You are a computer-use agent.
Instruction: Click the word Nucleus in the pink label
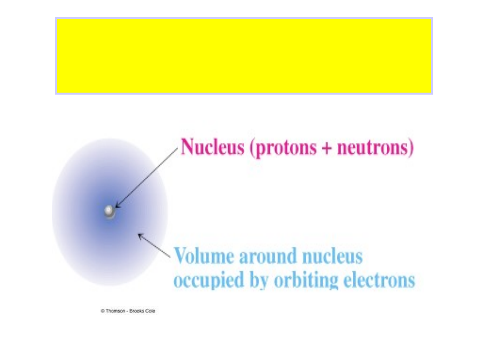(213, 147)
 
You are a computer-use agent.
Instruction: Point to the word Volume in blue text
(204, 255)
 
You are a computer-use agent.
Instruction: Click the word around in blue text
(268, 256)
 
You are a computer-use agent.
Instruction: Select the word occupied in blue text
(209, 280)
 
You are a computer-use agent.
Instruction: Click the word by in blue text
(259, 280)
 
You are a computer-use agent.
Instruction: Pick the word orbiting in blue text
(306, 280)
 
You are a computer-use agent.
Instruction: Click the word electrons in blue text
(379, 279)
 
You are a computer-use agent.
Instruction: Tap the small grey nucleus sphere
(109, 211)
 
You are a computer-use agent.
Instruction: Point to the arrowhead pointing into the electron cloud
(141, 236)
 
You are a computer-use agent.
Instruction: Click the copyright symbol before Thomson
(103, 311)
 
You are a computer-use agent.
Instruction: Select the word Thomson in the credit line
(116, 311)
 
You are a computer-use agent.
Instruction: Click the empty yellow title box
(244, 56)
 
